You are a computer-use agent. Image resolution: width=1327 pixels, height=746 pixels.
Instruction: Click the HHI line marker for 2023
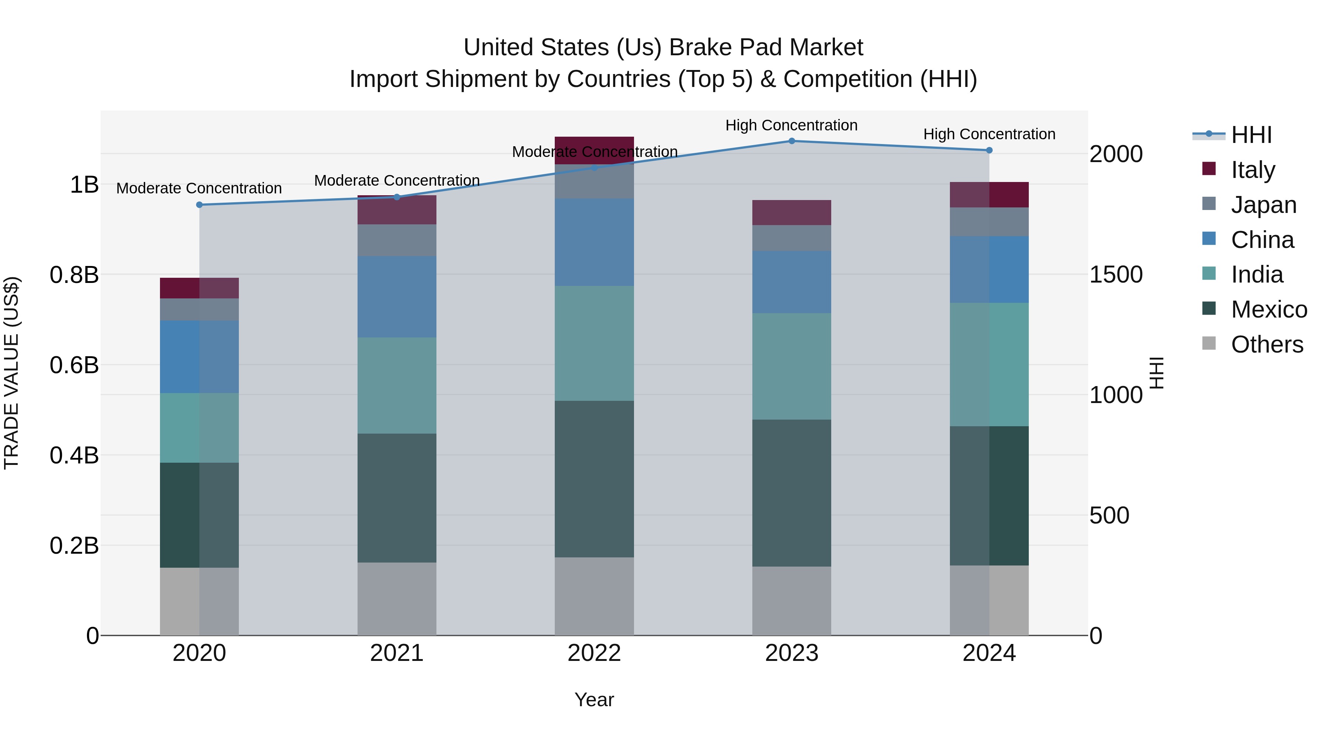coord(792,141)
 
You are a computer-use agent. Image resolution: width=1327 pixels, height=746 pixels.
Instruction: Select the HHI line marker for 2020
coord(199,205)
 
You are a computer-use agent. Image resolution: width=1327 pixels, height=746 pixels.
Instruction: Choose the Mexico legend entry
coord(1268,309)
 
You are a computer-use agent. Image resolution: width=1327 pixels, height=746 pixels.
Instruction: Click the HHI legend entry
coord(1251,135)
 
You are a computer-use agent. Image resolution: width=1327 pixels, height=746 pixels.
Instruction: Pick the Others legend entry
coord(1267,344)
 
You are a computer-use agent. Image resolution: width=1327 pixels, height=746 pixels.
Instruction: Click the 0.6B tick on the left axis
coord(74,365)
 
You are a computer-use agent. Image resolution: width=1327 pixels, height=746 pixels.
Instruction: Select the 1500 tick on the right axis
coord(1116,275)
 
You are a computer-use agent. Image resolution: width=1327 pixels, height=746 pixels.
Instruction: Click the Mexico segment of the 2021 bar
coord(397,498)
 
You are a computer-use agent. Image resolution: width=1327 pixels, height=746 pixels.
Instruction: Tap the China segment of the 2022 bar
coord(594,242)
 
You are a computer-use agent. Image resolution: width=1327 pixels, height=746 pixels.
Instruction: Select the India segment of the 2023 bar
coord(792,367)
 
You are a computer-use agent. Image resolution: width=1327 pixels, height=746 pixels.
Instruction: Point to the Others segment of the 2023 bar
coord(792,601)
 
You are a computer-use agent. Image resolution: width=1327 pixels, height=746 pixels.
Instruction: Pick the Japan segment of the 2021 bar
coord(397,241)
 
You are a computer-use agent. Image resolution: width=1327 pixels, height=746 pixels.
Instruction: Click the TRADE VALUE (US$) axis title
coord(11,373)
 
